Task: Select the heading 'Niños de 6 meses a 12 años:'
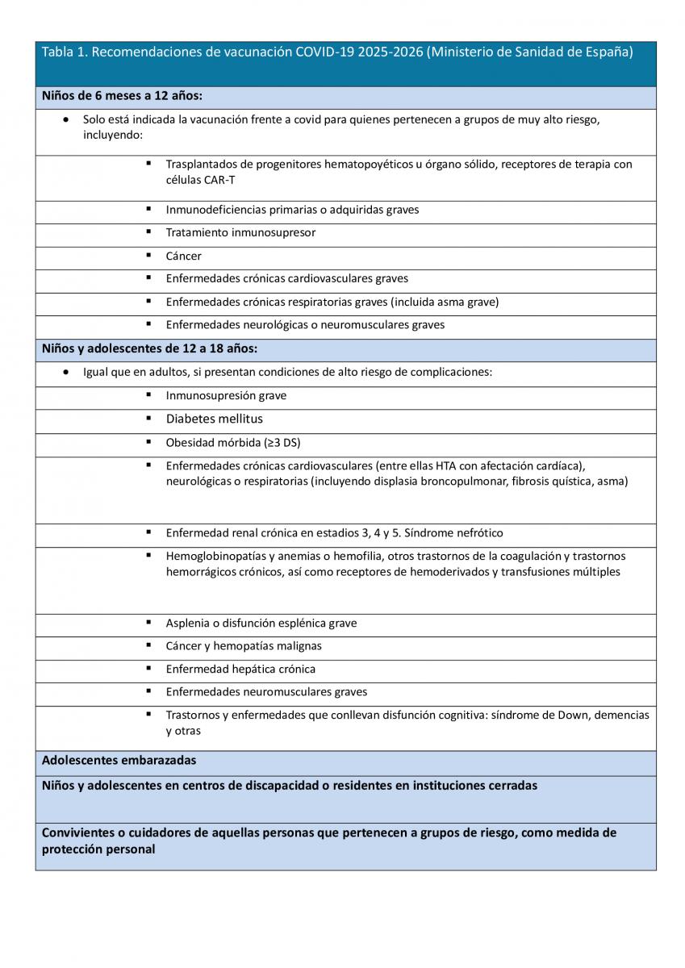[x=122, y=96]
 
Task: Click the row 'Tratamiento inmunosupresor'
[x=240, y=233]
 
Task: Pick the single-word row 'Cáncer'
[x=184, y=257]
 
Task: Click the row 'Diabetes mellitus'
[x=215, y=419]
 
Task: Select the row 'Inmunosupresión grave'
[x=226, y=396]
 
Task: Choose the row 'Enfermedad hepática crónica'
[x=240, y=670]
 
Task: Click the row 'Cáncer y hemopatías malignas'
[x=244, y=646]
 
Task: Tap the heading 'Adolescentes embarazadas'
[x=119, y=761]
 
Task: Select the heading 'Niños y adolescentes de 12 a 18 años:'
[x=149, y=349]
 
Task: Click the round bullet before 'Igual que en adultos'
[x=65, y=373]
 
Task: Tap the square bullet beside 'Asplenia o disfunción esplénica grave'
[x=149, y=623]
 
